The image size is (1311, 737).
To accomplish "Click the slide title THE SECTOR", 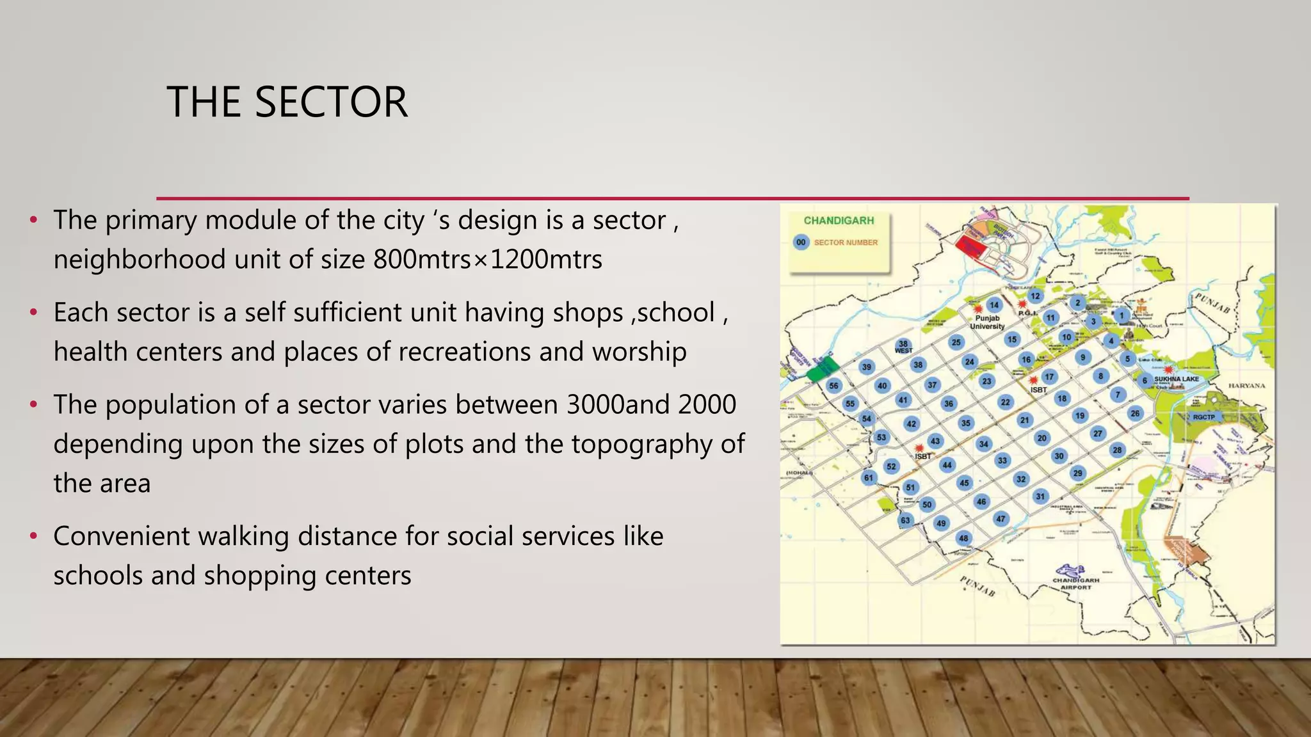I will [x=287, y=102].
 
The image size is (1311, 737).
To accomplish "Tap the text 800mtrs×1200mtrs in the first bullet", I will [x=488, y=260].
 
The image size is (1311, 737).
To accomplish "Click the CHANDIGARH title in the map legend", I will [x=839, y=221].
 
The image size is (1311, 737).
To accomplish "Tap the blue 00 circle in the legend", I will [x=801, y=242].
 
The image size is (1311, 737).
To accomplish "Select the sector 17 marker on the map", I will [x=1049, y=376].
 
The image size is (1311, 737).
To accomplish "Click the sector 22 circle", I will [x=1006, y=402].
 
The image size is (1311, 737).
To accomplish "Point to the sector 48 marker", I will [x=963, y=538].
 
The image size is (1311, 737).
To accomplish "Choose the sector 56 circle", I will [x=833, y=386].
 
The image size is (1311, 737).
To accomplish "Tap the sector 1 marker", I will [x=1121, y=315].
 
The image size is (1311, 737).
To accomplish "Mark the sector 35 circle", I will [x=965, y=423].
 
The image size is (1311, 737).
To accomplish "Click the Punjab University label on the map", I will [x=987, y=322].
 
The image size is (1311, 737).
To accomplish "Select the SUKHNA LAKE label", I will [x=1177, y=379].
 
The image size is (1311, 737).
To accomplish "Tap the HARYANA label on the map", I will [x=1247, y=386].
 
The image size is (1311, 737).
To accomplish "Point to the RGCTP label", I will [x=1203, y=417].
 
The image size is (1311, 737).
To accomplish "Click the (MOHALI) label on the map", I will [x=799, y=473].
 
